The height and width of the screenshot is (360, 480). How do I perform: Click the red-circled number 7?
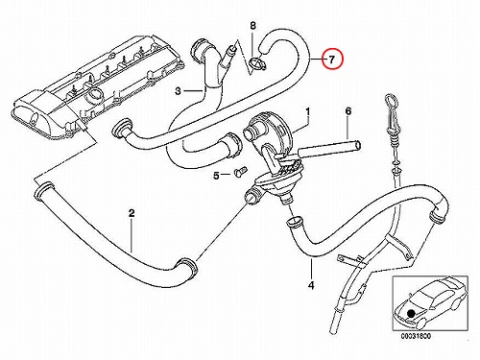point(332,60)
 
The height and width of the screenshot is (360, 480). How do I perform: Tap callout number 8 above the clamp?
point(252,26)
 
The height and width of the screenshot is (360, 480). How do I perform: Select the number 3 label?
point(179,91)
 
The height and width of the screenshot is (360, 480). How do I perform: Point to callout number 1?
point(307,112)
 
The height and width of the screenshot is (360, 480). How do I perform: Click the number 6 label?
point(348,111)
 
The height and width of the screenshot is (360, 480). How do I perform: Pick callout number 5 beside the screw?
point(217,176)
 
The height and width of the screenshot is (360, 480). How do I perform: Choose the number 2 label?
point(132,213)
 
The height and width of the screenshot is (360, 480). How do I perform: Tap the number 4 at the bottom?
point(311,285)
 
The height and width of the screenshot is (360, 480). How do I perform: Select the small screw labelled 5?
point(239,171)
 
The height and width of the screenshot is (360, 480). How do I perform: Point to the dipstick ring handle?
point(391,100)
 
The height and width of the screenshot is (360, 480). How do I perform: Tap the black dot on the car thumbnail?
point(410,313)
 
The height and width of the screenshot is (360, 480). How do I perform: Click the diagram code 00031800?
point(416,336)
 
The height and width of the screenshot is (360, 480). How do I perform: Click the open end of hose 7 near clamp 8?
point(264,48)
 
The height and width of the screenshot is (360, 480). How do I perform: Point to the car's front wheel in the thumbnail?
point(420,324)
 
